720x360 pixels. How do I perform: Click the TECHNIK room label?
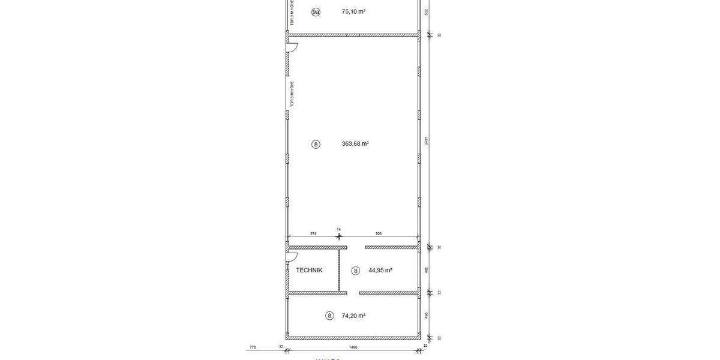[x=309, y=270]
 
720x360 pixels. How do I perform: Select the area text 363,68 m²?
[x=355, y=143]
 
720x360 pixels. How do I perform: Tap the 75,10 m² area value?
[x=353, y=11]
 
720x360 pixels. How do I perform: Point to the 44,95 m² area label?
[x=380, y=270]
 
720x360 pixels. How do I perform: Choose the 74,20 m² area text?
[x=353, y=315]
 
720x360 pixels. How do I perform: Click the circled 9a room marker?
[x=316, y=12]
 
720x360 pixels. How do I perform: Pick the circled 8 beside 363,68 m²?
[x=316, y=144]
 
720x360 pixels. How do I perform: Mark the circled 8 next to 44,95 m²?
[x=355, y=271]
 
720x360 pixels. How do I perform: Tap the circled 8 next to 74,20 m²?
[x=329, y=316]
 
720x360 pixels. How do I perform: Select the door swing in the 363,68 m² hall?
[x=293, y=47]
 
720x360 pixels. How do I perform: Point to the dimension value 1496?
[x=353, y=346]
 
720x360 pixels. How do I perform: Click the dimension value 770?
[x=252, y=346]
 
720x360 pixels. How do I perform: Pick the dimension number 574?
[x=313, y=233]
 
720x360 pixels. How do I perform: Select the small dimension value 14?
[x=338, y=229]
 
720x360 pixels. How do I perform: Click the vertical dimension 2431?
[x=426, y=142]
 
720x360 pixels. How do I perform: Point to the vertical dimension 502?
[x=426, y=11]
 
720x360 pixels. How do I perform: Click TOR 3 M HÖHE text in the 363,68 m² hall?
[x=292, y=94]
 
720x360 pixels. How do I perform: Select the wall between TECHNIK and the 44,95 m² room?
[x=339, y=270]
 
